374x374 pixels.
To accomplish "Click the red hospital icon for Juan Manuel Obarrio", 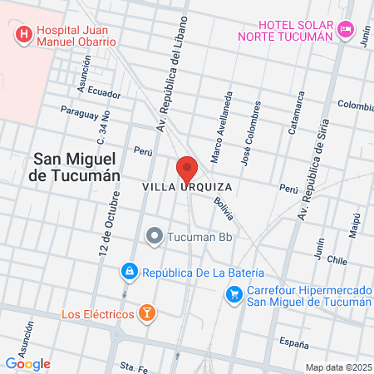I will [23, 35].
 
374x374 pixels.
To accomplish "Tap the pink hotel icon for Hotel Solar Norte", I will [347, 30].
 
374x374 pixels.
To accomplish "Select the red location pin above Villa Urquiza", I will [187, 169].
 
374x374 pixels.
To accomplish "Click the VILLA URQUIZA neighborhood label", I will [187, 187].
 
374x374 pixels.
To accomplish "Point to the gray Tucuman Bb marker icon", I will [153, 236].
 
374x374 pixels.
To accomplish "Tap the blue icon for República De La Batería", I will [129, 272].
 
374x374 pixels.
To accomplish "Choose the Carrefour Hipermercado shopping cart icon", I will [235, 294].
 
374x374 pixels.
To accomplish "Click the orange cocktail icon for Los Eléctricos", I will [146, 313].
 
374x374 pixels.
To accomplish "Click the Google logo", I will [27, 363].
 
